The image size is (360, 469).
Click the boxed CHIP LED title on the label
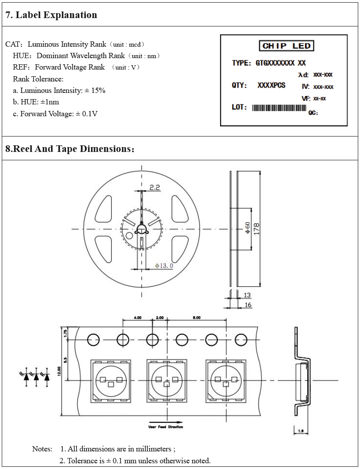[x=287, y=46]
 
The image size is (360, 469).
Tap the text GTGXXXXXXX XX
[x=281, y=63]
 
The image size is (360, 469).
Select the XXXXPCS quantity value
[x=272, y=85]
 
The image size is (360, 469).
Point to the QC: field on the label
[x=313, y=113]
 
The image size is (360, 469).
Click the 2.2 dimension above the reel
[x=154, y=187]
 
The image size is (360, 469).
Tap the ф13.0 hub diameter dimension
[x=164, y=266]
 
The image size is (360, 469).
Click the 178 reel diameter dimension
[x=256, y=228]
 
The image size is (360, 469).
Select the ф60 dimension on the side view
[x=247, y=228]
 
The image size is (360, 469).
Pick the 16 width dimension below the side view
[x=248, y=305]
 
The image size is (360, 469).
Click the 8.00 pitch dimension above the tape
[x=197, y=318]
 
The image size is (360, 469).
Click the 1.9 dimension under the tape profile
[x=301, y=431]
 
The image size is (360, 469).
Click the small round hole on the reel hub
[x=129, y=235]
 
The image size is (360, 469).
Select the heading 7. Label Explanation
[x=51, y=15]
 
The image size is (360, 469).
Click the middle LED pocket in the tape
[x=166, y=380]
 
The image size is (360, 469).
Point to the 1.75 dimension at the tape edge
[x=65, y=333]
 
